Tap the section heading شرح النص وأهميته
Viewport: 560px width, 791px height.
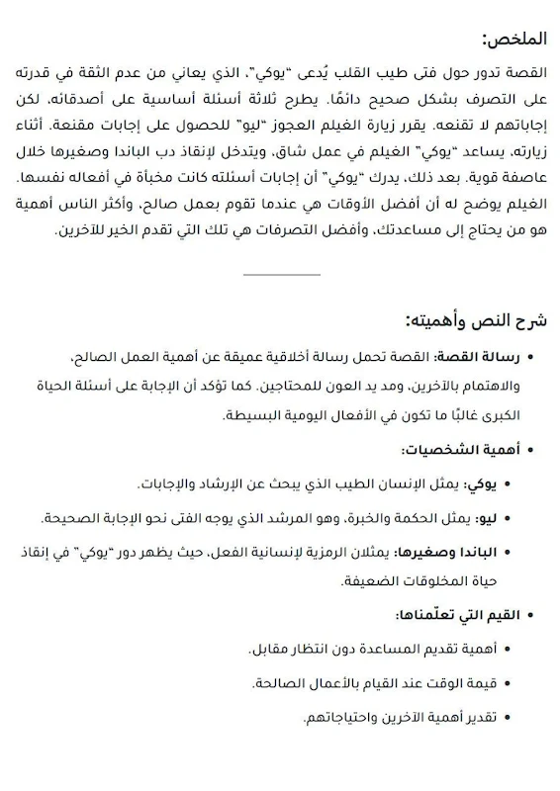(x=480, y=321)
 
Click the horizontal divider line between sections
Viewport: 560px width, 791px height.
(x=280, y=273)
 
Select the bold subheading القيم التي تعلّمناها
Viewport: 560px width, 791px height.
(x=455, y=615)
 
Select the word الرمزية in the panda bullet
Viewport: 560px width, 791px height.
(x=316, y=552)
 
